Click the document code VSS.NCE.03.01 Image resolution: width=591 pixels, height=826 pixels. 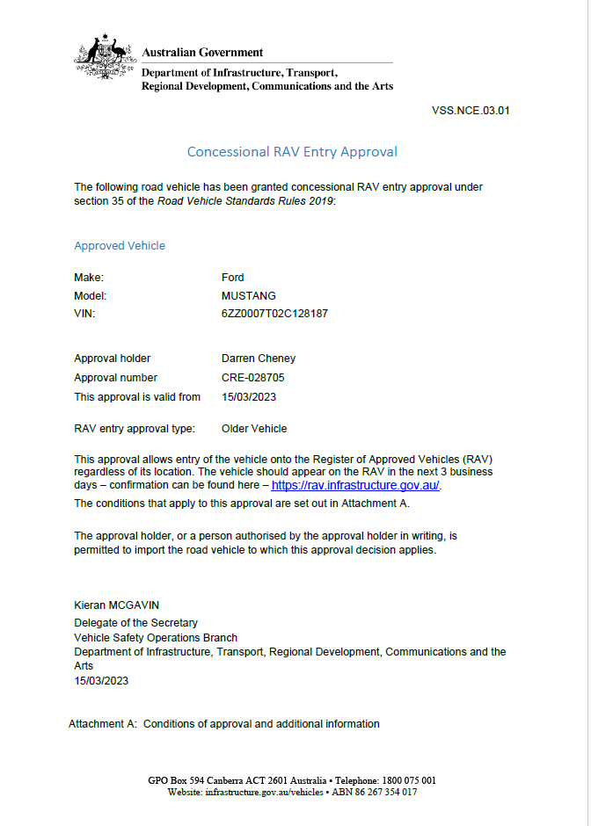471,111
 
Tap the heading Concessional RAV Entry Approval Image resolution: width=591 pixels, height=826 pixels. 292,151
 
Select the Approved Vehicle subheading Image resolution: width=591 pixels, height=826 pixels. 120,246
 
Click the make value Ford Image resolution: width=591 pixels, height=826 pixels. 233,278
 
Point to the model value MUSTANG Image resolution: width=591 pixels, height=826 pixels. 249,296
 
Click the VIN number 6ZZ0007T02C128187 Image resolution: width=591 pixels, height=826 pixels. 275,314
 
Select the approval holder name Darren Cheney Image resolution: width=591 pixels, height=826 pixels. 259,359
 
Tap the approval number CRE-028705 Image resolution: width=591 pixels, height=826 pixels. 253,378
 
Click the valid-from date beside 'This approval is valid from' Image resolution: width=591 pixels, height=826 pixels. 249,397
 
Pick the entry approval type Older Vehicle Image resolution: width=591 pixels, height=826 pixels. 254,429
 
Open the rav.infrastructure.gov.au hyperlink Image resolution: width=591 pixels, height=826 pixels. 355,485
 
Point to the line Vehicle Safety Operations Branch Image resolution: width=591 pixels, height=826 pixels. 156,637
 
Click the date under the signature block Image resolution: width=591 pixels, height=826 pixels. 101,681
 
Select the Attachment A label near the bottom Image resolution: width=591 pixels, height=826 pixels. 103,724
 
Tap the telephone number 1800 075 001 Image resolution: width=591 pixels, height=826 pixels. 407,780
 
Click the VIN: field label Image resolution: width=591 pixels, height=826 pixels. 84,314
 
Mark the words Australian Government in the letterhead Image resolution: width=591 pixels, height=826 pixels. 202,53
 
